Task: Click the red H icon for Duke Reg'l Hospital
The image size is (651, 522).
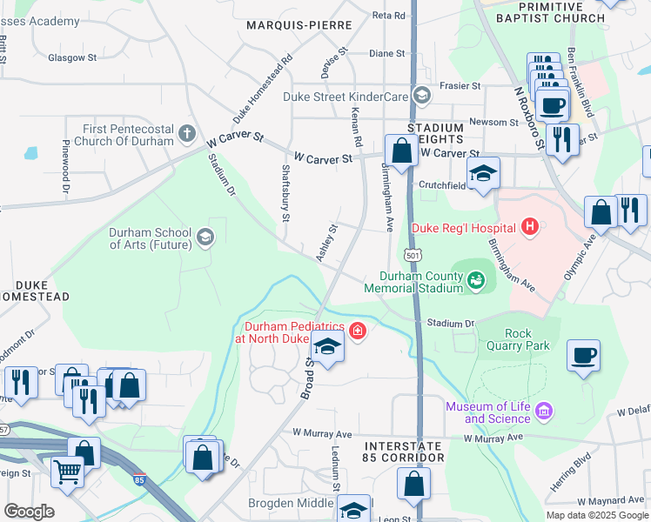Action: coord(530,228)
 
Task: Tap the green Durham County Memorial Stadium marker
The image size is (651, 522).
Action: coord(475,279)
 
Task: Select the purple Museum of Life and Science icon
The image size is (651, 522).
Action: coord(544,410)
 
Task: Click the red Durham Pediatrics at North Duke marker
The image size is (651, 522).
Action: coord(356,331)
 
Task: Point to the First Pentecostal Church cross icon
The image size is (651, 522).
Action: coord(186,133)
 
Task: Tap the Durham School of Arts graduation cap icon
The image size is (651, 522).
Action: coord(205,237)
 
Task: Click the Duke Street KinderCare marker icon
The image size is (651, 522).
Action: coord(421,95)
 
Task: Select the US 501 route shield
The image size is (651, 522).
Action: coord(414,255)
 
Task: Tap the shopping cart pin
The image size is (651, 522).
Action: coord(68,472)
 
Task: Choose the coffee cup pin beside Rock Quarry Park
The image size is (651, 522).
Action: coord(583,356)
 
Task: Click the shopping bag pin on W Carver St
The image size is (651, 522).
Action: coord(401,151)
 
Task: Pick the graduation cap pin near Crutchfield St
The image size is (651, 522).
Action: coord(484,173)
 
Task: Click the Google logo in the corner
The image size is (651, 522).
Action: coord(28,511)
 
